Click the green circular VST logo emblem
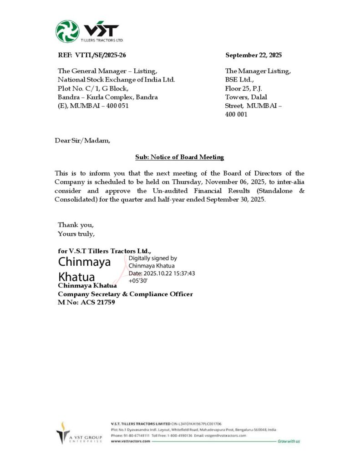[67, 31]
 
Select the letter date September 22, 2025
[254, 56]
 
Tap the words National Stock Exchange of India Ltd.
[116, 80]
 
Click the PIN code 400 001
[236, 114]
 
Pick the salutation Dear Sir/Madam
[82, 141]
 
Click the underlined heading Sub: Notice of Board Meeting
[180, 157]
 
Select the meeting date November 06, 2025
[251, 182]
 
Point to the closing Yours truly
[76, 234]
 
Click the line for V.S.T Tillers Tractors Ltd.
[105, 251]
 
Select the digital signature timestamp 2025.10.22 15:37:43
[169, 273]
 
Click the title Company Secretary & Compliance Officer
[125, 294]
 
